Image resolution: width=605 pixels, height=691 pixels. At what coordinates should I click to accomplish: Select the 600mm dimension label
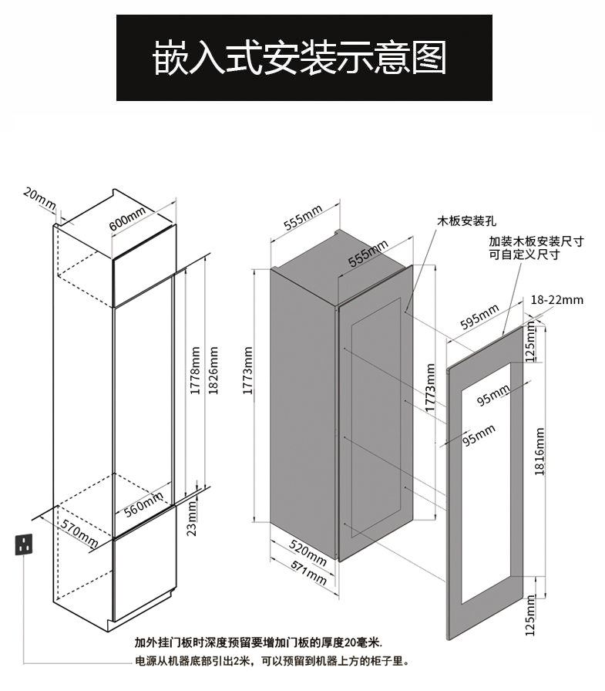pyautogui.click(x=127, y=220)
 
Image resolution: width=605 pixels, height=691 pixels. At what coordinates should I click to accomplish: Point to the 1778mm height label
pyautogui.click(x=196, y=371)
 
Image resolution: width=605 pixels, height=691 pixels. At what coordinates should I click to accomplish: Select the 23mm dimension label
pyautogui.click(x=193, y=517)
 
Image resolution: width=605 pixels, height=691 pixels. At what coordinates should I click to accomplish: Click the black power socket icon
pyautogui.click(x=25, y=544)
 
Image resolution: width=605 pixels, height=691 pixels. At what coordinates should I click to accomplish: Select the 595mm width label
pyautogui.click(x=479, y=319)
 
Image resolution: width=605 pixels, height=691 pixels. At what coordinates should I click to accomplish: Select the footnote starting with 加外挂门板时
pyautogui.click(x=258, y=642)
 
